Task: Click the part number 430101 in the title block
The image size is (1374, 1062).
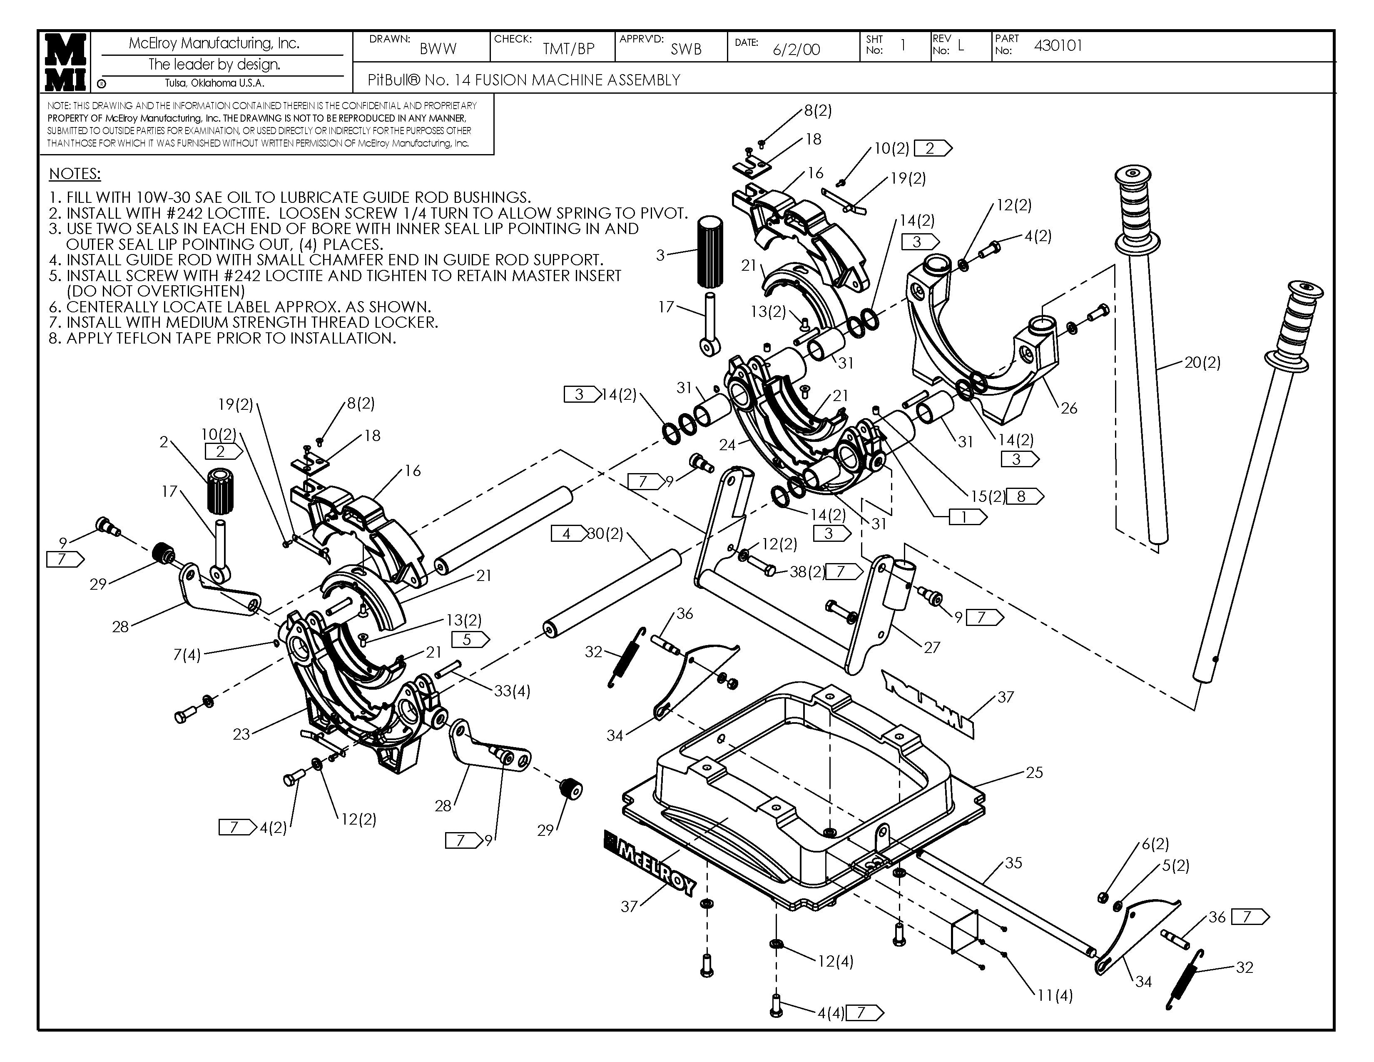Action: [x=1058, y=45]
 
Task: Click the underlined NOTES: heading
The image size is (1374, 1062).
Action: [x=75, y=174]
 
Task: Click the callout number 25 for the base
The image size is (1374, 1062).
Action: [x=1034, y=772]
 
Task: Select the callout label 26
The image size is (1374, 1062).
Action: [x=1069, y=408]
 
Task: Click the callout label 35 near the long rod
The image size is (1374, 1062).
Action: [x=1013, y=863]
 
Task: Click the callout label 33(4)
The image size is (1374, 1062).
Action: [x=512, y=691]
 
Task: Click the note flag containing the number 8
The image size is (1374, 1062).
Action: [x=1025, y=496]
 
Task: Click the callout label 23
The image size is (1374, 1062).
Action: [x=241, y=733]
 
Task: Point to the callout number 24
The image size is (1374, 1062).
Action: [x=727, y=445]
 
